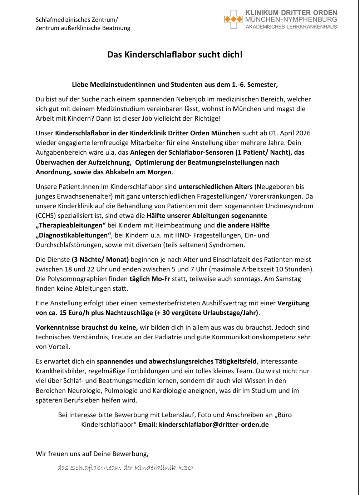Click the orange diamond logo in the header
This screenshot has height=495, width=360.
[233, 19]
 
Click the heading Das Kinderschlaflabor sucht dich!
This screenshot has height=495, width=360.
[175, 55]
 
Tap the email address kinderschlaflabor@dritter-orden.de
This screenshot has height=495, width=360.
[214, 425]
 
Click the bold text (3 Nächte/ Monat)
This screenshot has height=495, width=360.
[100, 260]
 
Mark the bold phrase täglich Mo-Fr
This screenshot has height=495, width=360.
[150, 279]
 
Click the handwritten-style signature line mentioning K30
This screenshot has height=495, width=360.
[125, 468]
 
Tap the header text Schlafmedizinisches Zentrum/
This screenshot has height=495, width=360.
[77, 20]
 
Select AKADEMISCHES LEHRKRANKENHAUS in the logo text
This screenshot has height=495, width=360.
[291, 27]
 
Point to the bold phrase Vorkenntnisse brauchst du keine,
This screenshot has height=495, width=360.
[87, 327]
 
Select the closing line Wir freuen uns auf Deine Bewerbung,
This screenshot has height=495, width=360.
[92, 454]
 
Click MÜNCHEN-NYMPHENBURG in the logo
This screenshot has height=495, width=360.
[291, 20]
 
